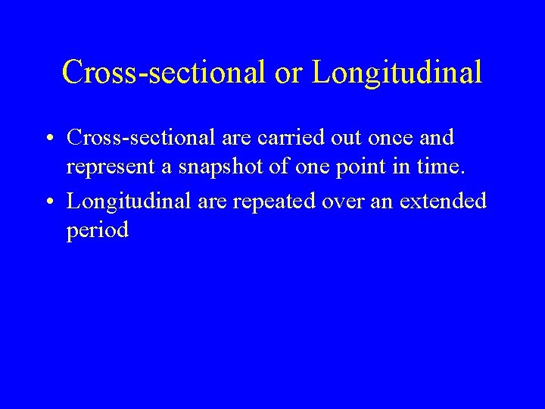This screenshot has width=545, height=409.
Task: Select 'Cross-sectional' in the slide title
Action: tap(164, 73)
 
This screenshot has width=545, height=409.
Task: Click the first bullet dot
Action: tap(48, 139)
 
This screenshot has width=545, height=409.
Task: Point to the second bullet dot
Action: tap(48, 202)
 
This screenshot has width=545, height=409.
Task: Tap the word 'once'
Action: tap(399, 138)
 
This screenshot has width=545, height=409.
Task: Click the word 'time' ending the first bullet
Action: tap(439, 167)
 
